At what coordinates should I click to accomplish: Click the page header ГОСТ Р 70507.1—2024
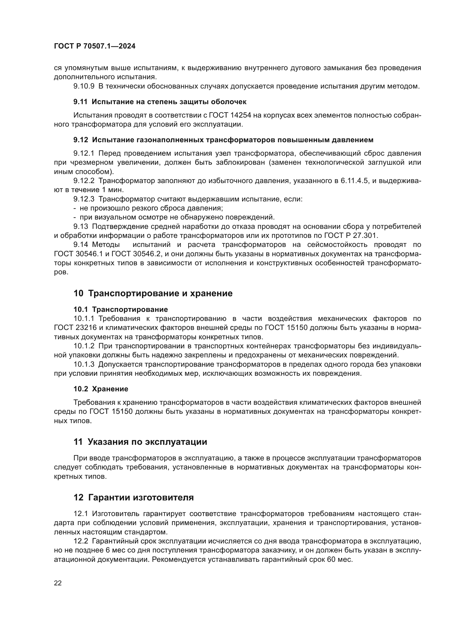[x=94, y=46]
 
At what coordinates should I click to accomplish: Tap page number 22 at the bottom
[x=58, y=583]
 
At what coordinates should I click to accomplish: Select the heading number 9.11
[x=80, y=102]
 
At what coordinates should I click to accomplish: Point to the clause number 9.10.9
[x=84, y=86]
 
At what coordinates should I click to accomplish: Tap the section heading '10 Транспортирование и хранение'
[x=153, y=294]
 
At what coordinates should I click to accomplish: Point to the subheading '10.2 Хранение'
[x=101, y=389]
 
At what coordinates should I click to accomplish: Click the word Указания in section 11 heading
[x=105, y=442]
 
